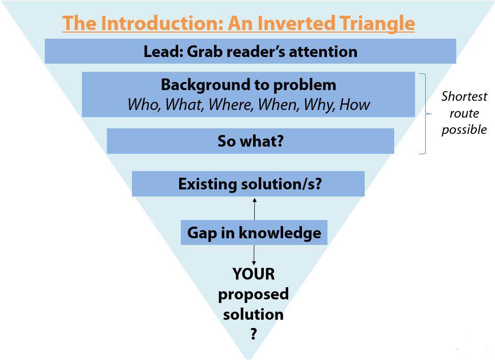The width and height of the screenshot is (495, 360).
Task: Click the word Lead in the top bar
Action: click(161, 51)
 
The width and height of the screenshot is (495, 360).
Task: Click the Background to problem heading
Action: click(249, 85)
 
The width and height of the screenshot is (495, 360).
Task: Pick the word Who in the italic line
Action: click(144, 104)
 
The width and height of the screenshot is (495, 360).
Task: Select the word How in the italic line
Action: click(354, 104)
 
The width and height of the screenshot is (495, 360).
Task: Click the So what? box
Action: click(251, 141)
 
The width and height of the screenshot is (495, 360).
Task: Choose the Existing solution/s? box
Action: click(248, 184)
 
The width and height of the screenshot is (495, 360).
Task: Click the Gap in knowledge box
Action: click(254, 233)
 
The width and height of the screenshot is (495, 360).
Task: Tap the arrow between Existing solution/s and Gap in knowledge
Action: click(255, 209)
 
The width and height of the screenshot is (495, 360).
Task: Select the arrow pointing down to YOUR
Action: click(254, 255)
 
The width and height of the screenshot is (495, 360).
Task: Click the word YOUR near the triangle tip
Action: click(254, 274)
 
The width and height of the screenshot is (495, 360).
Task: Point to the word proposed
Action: click(253, 294)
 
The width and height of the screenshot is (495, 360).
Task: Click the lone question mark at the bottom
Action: click(254, 334)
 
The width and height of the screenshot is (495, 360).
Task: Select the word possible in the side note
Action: click(464, 130)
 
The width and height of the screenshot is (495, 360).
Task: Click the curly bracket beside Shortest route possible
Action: click(426, 114)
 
